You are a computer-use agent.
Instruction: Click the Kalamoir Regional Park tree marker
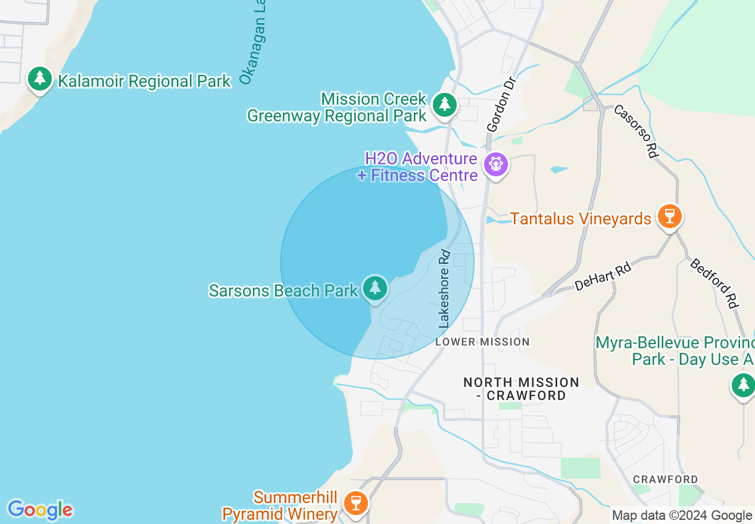pos(40,79)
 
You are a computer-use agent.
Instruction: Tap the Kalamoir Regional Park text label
pos(144,81)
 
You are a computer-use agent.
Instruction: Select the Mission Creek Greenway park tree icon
pos(444,105)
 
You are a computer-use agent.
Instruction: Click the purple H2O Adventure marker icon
pos(495,164)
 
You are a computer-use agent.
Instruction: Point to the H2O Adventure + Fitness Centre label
pos(420,167)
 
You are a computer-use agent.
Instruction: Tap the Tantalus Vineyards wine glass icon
pos(670,216)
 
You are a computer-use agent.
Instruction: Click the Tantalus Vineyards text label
pos(581,219)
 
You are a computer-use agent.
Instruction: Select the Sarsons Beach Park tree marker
pos(375,289)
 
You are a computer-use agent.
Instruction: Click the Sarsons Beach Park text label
pos(283,291)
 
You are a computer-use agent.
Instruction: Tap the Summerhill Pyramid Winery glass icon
pos(356,503)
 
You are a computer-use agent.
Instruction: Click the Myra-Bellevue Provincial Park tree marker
pos(742,385)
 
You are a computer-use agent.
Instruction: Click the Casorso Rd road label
pos(635,131)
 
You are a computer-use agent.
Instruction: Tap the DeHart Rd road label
pos(603,277)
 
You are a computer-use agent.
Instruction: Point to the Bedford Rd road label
pos(714,283)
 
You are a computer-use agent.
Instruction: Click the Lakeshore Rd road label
pos(444,289)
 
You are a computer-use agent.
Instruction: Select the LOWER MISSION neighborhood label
pos(482,342)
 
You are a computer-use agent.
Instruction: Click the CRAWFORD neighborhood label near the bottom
pos(665,479)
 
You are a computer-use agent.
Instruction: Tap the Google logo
pos(40,510)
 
